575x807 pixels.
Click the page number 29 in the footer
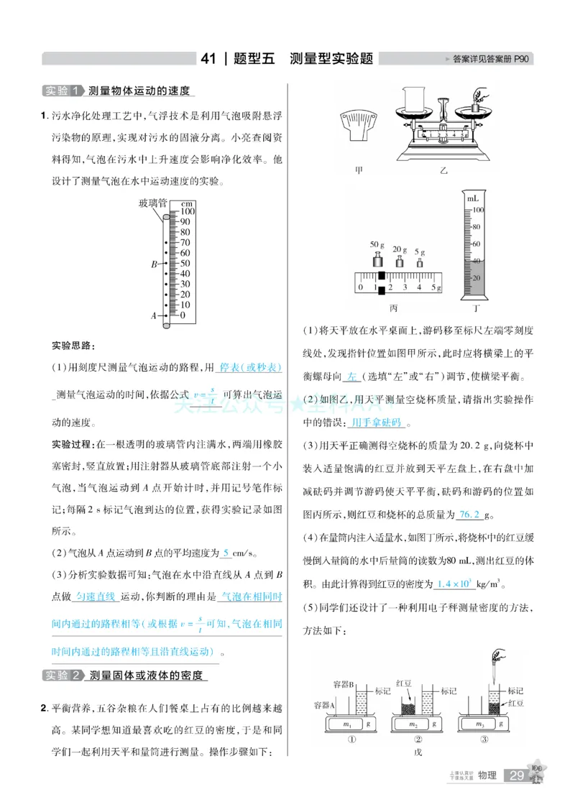(x=516, y=775)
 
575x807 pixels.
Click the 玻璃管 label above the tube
(x=152, y=204)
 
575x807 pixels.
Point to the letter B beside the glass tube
(x=154, y=264)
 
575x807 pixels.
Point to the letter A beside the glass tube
(x=154, y=315)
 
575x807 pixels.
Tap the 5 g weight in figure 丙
(x=420, y=263)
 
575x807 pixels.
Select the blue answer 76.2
(x=469, y=515)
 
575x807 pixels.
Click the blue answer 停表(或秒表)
(x=250, y=367)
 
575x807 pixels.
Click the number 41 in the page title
(x=210, y=59)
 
